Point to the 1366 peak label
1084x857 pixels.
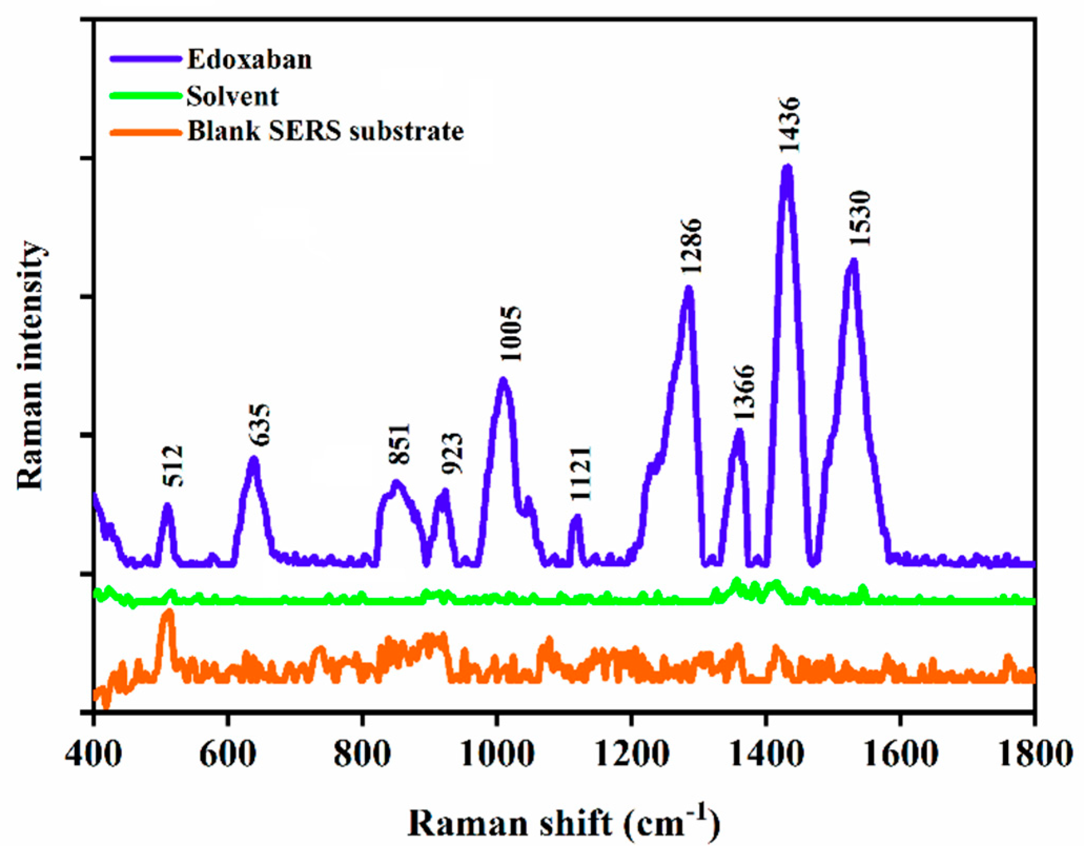[744, 392]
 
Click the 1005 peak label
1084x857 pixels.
[511, 334]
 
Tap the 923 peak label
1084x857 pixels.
[452, 453]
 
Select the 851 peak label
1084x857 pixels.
[399, 444]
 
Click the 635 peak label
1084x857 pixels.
[259, 425]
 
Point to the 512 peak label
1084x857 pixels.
[172, 466]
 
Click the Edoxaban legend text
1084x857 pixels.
[250, 59]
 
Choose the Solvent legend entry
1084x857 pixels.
[232, 96]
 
